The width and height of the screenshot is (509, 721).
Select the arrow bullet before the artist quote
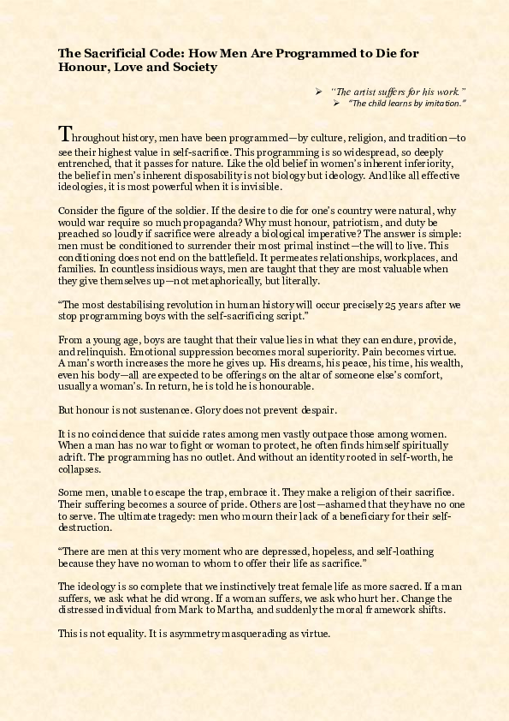pyautogui.click(x=318, y=91)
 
